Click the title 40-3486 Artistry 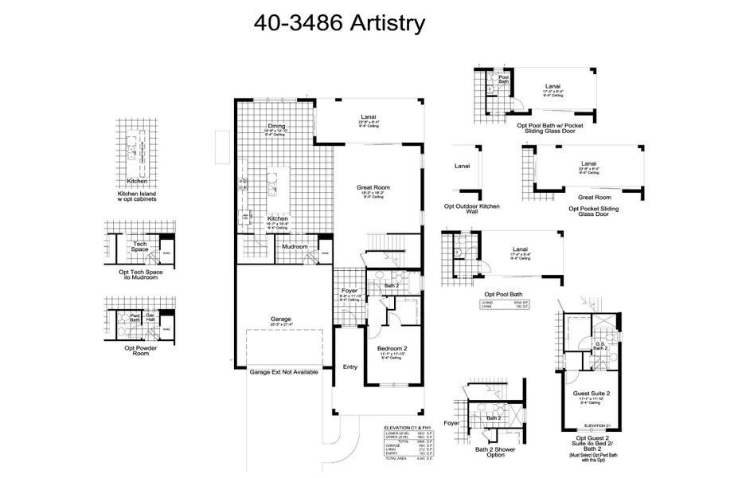[x=339, y=23]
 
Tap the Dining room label [x=276, y=127]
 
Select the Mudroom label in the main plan [x=294, y=247]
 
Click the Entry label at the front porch [x=349, y=367]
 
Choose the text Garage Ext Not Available [x=285, y=372]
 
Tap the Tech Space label [x=140, y=247]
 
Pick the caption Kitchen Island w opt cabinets [x=137, y=196]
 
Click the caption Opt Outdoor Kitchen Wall [x=473, y=210]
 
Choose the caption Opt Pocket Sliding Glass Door [x=593, y=211]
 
